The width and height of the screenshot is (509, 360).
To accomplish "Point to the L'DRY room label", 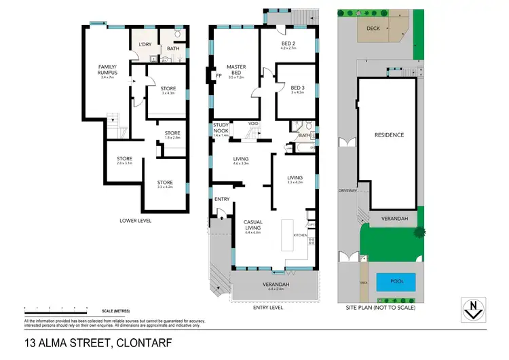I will pyautogui.click(x=145, y=45).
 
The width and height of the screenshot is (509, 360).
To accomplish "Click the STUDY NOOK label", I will pyautogui.click(x=221, y=128).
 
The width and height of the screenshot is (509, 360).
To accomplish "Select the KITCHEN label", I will pyautogui.click(x=300, y=234).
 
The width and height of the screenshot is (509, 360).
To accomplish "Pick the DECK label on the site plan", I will pyautogui.click(x=373, y=29).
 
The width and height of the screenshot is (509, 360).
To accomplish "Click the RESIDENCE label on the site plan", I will pyautogui.click(x=390, y=135).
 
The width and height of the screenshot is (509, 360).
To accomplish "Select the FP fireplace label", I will pyautogui.click(x=219, y=75).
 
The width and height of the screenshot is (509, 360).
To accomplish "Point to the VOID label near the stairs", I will pyautogui.click(x=254, y=123).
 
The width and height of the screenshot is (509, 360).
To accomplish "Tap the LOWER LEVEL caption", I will pyautogui.click(x=136, y=220).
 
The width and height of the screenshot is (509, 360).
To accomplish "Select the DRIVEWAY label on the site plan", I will pyautogui.click(x=347, y=191).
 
